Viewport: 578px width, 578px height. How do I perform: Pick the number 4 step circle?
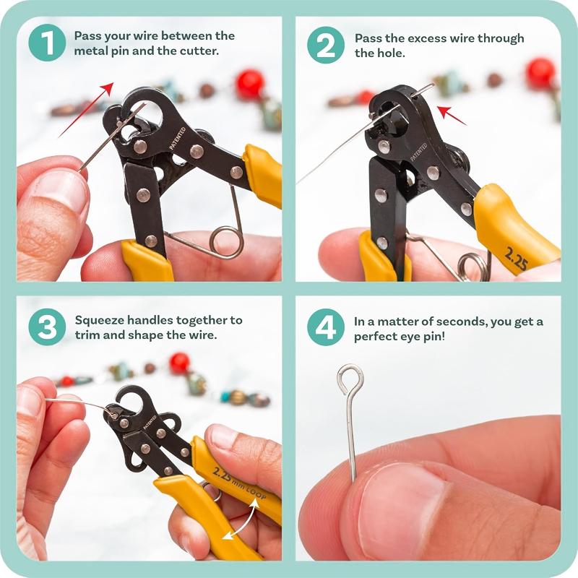326,327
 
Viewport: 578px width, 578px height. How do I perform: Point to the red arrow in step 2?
452,114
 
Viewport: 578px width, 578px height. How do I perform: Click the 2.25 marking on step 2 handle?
514,258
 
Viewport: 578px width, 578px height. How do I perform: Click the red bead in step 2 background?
540,72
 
